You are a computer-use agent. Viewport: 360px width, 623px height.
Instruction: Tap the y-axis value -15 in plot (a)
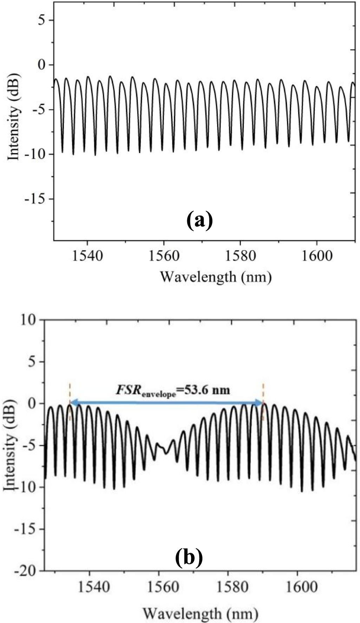35,199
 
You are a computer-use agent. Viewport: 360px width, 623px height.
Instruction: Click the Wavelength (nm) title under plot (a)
216,277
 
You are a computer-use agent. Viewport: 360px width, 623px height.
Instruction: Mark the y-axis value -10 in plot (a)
35,154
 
